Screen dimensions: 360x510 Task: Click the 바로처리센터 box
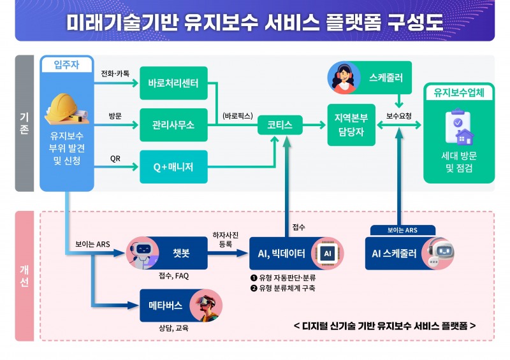coord(173,83)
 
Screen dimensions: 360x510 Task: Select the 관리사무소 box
coord(173,126)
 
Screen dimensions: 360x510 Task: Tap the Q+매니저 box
coord(173,168)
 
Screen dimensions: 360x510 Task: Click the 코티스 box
coord(280,126)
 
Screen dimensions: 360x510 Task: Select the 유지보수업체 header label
coord(458,92)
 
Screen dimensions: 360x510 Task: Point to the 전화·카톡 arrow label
coord(115,73)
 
